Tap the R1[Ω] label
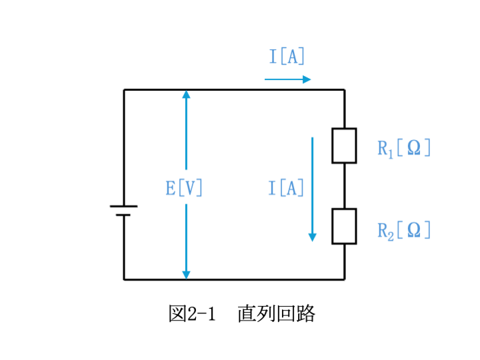pos(404,149)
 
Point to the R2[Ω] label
pos(404,231)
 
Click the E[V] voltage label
pos(184,187)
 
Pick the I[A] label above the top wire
pos(287,56)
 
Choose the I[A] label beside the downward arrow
pos(286,187)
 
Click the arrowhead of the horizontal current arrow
pos(307,79)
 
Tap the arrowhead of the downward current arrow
pos(312,237)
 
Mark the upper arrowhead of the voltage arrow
pos(186,94)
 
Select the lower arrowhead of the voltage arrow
pos(186,275)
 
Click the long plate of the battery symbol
pos(124,206)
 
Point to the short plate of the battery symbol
pos(123,215)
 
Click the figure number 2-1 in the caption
pos(201,314)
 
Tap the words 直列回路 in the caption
pos(276,313)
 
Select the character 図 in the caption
pos(177,313)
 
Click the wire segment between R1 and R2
pos(345,186)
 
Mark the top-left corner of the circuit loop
pos(124,90)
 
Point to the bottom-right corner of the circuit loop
pos(345,279)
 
